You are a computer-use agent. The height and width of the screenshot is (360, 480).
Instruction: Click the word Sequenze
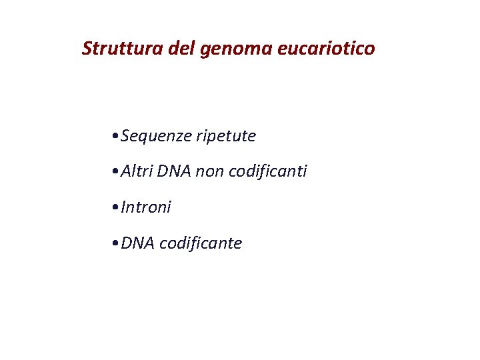pos(156,137)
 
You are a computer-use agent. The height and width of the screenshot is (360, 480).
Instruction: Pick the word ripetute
pos(226,137)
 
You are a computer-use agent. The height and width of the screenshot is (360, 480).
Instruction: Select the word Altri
pos(137,171)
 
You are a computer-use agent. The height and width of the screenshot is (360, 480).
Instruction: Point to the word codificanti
pos(268,171)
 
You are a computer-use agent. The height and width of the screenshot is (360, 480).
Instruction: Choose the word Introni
pos(146,207)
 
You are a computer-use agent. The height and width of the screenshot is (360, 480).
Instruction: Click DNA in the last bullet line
pos(138,243)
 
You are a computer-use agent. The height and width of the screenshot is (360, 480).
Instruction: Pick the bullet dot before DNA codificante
pos(117,243)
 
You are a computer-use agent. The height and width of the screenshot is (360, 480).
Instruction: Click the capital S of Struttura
pos(87,49)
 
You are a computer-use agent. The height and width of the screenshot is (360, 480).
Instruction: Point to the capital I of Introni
pos(124,207)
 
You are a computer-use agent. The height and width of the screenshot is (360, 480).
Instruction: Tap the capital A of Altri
pos(126,171)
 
